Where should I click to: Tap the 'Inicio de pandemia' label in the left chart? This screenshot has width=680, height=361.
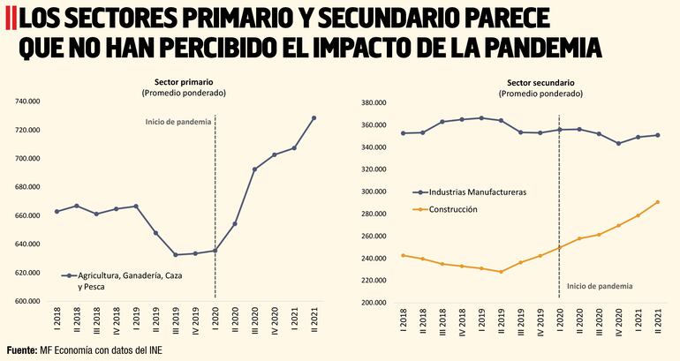[178, 121]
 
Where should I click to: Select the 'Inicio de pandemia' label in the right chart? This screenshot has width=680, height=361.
[600, 285]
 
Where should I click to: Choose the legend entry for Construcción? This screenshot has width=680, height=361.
[452, 209]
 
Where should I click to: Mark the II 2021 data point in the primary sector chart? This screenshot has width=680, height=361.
[314, 118]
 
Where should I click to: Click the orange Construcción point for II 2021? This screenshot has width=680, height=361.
[657, 202]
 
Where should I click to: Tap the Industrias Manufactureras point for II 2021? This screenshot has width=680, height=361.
[657, 135]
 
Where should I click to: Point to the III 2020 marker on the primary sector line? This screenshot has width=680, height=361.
[254, 169]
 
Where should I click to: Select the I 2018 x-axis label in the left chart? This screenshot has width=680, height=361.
[57, 316]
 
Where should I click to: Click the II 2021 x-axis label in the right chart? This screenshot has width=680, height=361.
[657, 317]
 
